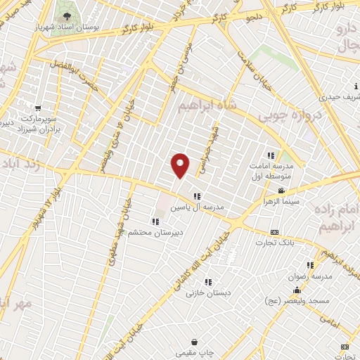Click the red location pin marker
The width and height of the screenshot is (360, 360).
181,165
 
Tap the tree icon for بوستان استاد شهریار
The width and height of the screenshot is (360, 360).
66,16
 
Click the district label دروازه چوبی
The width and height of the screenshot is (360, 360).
290,112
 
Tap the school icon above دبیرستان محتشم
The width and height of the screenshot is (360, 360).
155,221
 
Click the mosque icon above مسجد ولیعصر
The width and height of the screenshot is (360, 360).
297,290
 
